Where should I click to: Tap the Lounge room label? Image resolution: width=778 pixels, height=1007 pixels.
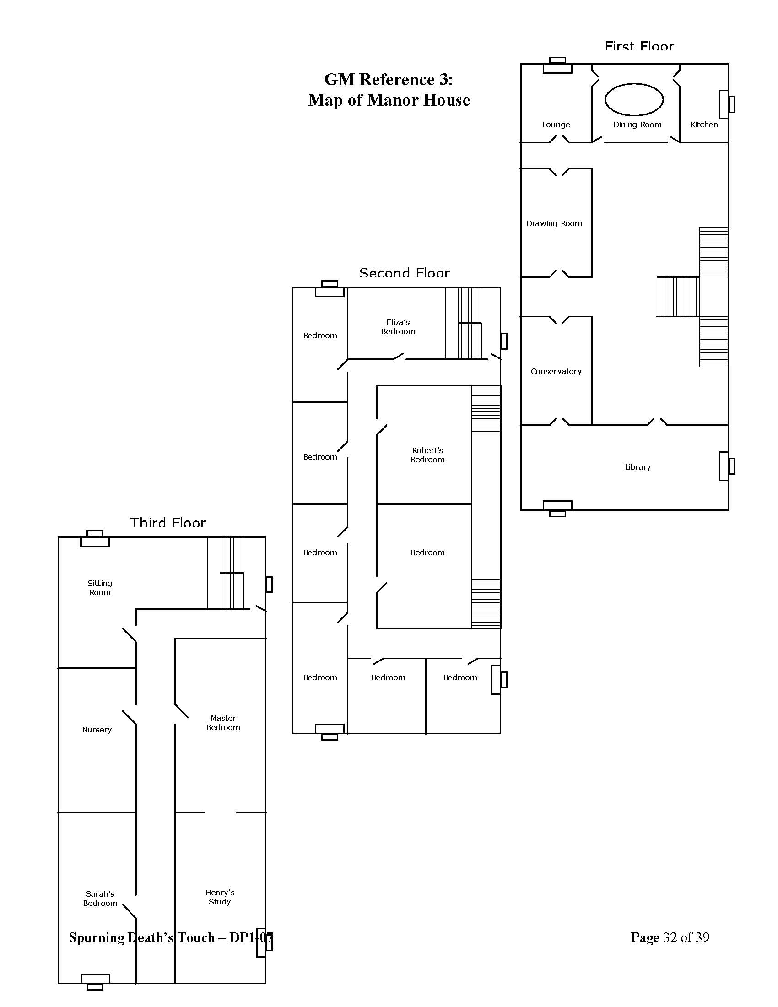point(556,125)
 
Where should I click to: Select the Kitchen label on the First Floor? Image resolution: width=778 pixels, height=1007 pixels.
point(704,125)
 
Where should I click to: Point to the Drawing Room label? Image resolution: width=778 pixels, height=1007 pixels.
point(554,224)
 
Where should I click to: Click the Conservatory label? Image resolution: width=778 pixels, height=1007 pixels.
point(556,371)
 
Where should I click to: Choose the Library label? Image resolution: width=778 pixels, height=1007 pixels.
point(638,466)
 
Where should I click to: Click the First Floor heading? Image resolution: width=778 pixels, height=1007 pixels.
point(639,46)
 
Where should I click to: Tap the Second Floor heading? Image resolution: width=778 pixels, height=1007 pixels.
point(404,273)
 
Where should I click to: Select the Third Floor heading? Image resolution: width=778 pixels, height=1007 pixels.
point(168,522)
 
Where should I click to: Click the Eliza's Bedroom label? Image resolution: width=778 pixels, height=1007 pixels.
point(398,327)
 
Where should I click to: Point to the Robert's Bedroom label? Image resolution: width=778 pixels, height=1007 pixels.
point(427,455)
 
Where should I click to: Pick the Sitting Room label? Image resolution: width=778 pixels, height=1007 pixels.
point(100,588)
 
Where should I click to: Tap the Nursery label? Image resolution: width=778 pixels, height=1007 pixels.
point(97,730)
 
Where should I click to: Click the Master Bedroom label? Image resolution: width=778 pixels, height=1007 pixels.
point(223,722)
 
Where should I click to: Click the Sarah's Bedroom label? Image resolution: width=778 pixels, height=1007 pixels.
point(100,898)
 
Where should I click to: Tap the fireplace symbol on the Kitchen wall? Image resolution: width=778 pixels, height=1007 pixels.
point(727,104)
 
